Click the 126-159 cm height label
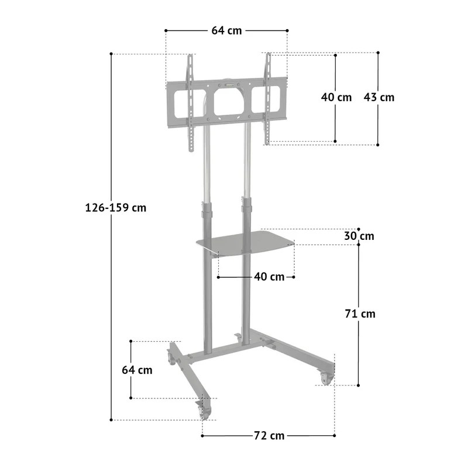(x=116, y=208)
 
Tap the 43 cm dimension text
(x=378, y=97)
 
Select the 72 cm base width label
(x=269, y=435)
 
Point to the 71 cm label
(x=360, y=314)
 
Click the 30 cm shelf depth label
(x=359, y=236)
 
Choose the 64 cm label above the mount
(x=226, y=30)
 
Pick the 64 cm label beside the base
(x=137, y=370)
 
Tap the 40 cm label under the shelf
(x=269, y=277)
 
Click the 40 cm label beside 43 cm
(x=336, y=97)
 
